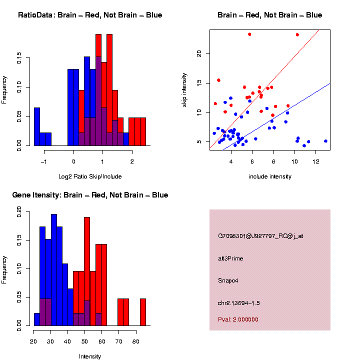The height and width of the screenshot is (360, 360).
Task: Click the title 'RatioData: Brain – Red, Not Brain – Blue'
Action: coord(90,15)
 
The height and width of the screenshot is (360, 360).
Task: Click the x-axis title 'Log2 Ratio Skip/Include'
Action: coord(89,176)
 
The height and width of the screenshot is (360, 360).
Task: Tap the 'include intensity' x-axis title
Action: coord(270,176)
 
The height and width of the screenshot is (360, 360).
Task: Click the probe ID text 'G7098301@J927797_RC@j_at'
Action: coord(260,236)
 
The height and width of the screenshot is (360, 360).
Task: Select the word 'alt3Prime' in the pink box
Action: coord(230,258)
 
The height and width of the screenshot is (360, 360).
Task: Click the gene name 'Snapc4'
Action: coord(228,280)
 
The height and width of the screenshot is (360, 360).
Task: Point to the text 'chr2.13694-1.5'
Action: coord(239,303)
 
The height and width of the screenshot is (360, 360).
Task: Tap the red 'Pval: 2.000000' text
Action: coord(238,319)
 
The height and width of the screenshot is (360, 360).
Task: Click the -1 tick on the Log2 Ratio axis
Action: coord(43,161)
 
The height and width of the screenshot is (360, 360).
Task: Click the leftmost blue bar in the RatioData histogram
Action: coord(36,126)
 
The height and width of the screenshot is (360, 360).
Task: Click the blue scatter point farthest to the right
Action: coord(325,141)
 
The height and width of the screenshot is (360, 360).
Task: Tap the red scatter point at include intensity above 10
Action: coord(297,34)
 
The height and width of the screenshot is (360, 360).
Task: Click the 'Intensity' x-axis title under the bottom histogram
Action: coord(90,356)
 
